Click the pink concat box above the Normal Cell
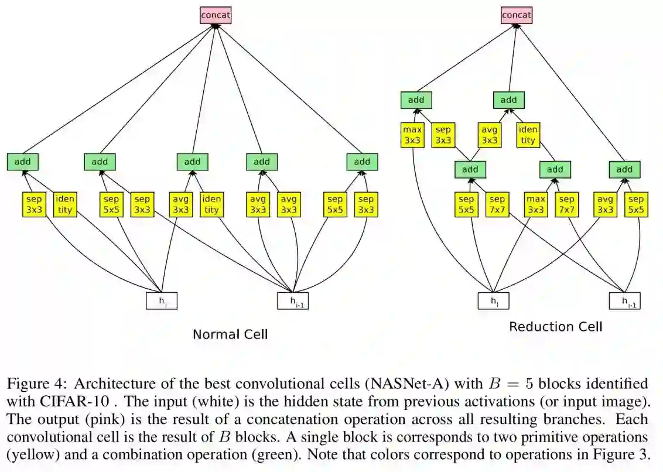pos(216,15)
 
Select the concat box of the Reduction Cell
pos(516,15)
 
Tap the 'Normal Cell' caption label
pos(230,334)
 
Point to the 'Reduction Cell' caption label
pos(555,326)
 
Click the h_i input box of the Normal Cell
pos(161,300)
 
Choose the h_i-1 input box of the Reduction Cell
pos(623,300)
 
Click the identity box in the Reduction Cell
pos(528,135)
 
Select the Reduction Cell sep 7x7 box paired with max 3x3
pos(566,204)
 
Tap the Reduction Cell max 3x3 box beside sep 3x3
pos(412,135)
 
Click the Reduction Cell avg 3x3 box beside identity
pos(490,135)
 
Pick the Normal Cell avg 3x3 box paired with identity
pos(181,204)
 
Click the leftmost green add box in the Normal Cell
pos(23,162)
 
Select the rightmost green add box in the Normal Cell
pos(362,162)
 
